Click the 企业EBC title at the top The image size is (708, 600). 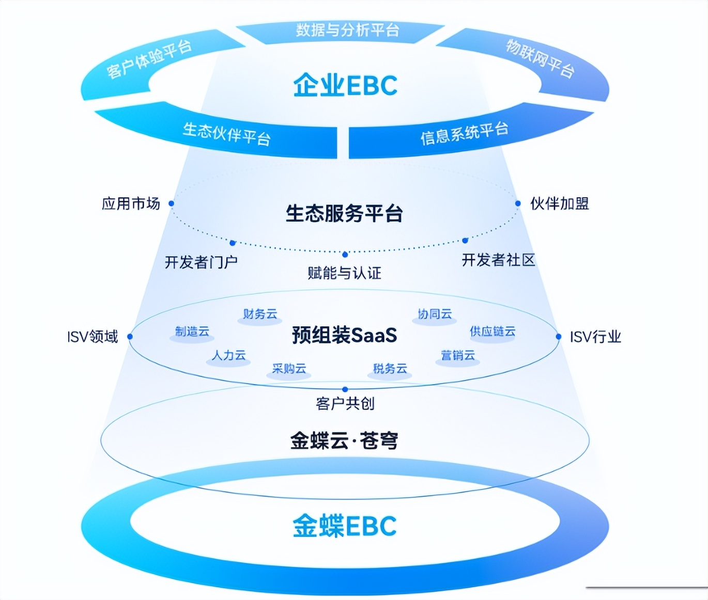[345, 85]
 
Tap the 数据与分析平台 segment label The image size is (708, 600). [347, 30]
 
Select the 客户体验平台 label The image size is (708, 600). [149, 59]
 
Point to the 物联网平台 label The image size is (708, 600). [540, 58]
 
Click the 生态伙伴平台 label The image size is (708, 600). [226, 133]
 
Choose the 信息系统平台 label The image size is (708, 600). [464, 133]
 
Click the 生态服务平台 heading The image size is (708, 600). [344, 213]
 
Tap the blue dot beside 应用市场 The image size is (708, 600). [172, 203]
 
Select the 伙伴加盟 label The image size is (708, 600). [560, 203]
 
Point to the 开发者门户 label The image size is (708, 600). [201, 262]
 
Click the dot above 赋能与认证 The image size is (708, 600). [345, 254]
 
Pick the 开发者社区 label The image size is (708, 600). [498, 260]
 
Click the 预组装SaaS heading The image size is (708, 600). [344, 335]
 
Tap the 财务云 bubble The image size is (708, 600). [260, 314]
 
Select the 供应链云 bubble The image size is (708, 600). [492, 331]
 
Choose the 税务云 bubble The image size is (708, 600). [390, 369]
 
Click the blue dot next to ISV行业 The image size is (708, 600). [559, 337]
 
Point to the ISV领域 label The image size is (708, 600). [93, 337]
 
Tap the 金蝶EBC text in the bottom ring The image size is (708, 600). [345, 526]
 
